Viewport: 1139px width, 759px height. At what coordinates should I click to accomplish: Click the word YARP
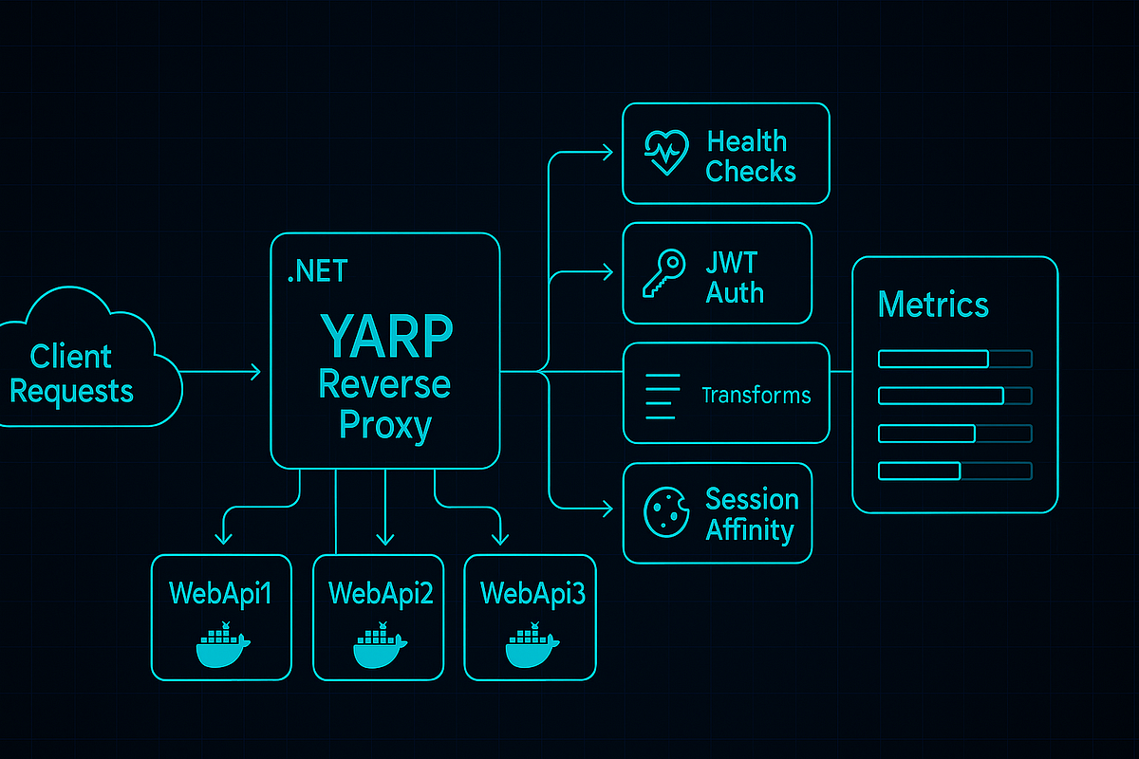(x=386, y=334)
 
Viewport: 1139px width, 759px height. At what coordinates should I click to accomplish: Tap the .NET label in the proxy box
(x=317, y=272)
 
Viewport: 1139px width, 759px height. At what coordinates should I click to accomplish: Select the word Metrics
(x=933, y=305)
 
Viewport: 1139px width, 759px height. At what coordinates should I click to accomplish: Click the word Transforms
(x=756, y=395)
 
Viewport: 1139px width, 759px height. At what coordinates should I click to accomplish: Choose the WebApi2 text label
(x=381, y=594)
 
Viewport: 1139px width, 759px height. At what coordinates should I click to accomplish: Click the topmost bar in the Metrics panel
(x=954, y=359)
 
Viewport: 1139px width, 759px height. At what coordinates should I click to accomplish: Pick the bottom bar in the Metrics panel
(x=954, y=471)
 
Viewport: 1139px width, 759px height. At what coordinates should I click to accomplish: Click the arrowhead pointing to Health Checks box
(x=607, y=151)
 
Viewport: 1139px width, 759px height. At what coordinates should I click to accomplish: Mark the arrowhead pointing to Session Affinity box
(x=607, y=510)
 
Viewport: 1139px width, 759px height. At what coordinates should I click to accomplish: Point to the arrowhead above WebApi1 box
(x=223, y=538)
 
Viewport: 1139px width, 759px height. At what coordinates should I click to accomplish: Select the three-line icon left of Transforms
(x=663, y=396)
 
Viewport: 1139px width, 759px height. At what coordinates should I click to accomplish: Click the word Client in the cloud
(x=71, y=357)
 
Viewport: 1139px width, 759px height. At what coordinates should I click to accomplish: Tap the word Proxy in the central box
(x=385, y=426)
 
